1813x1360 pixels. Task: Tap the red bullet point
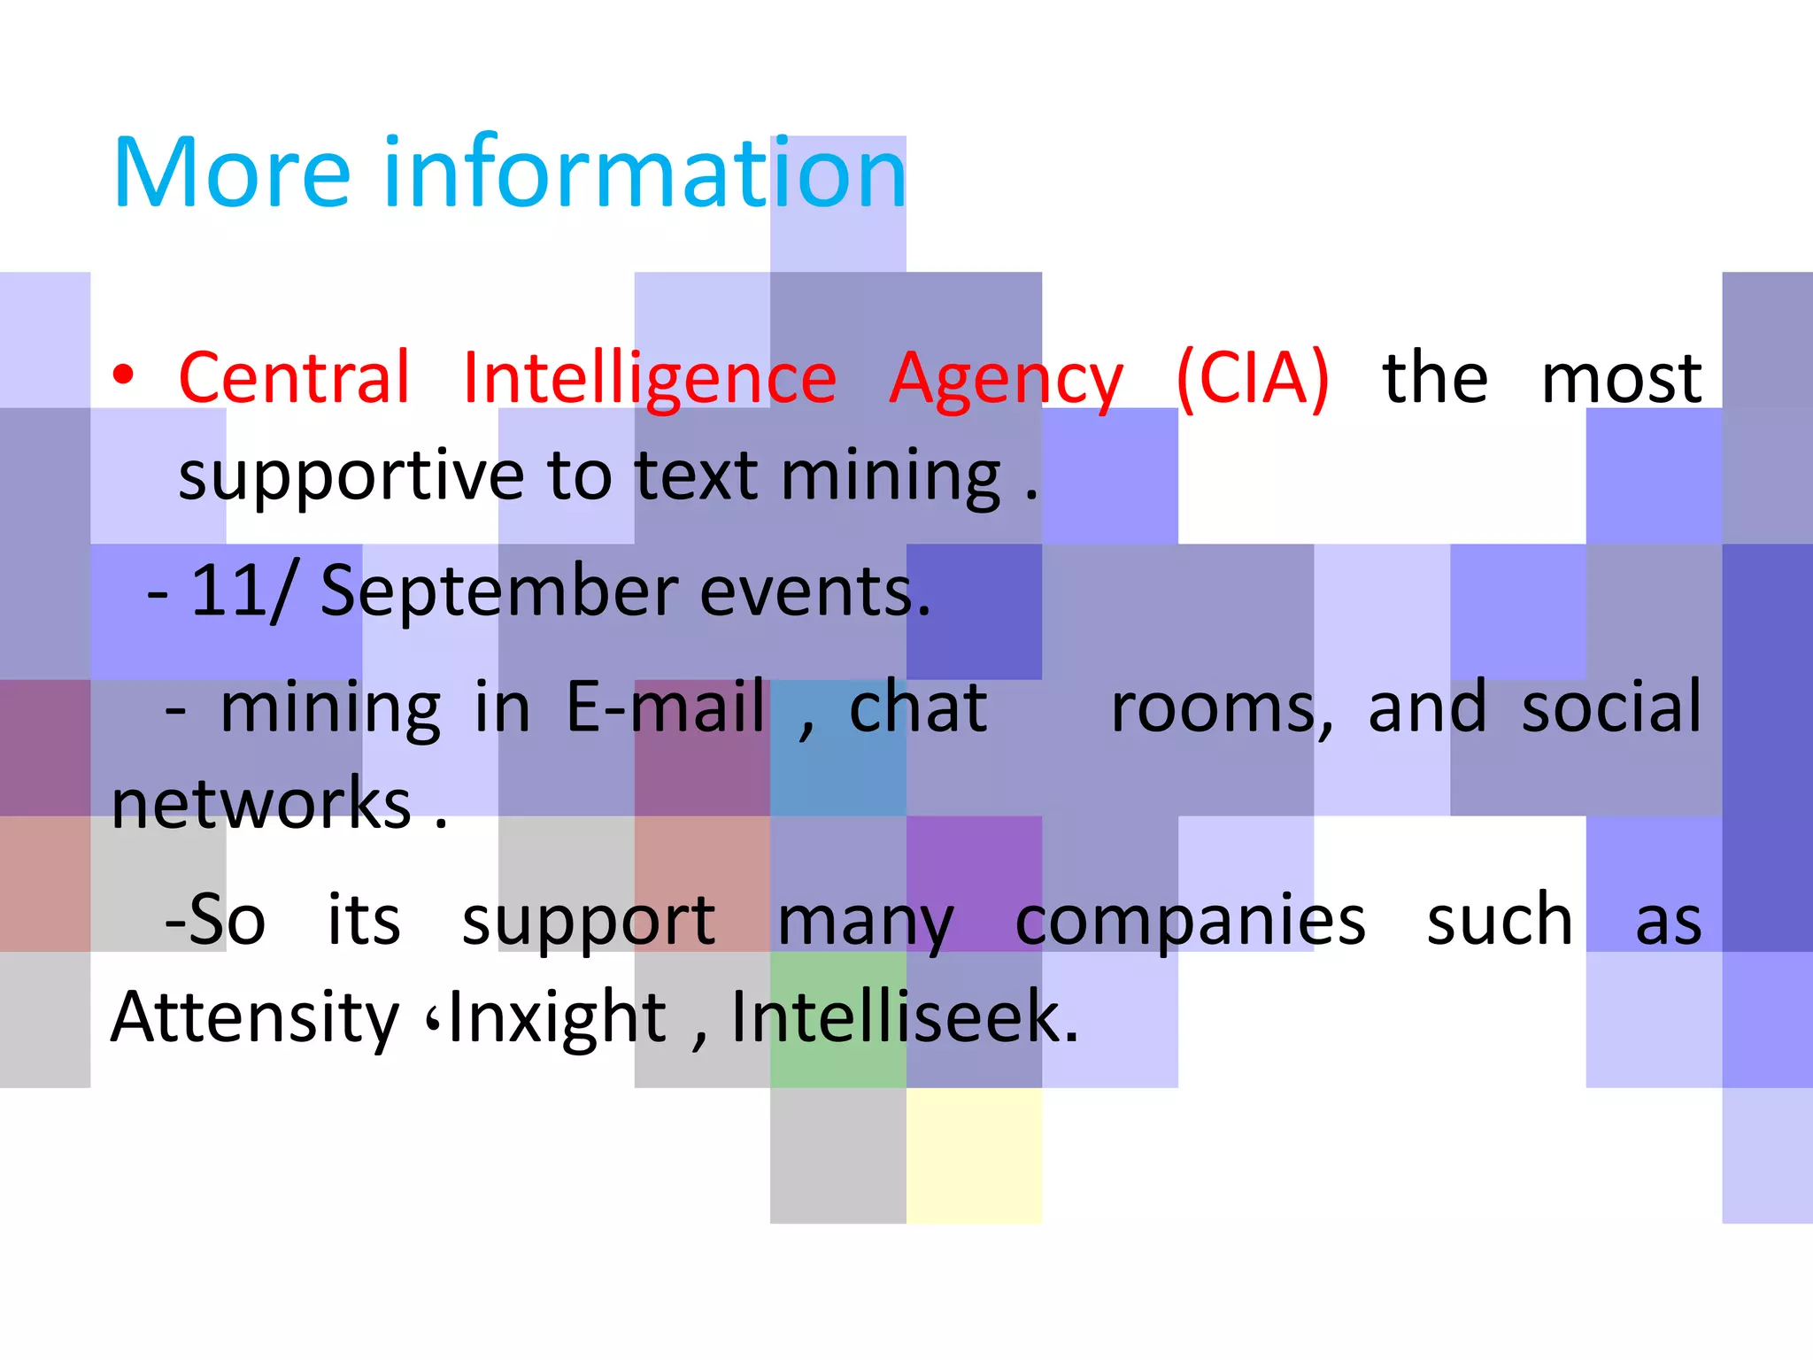coord(123,375)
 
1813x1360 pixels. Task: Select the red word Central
coord(295,378)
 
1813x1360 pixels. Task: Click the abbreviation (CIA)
coord(1252,379)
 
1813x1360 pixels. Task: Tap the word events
coord(814,591)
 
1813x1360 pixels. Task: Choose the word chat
coord(917,707)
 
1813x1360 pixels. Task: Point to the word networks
coord(262,804)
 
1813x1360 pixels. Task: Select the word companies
coord(1190,922)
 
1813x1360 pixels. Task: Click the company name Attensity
coord(255,1018)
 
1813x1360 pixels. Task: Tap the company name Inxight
coord(558,1018)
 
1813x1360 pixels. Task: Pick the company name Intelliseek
coord(903,1018)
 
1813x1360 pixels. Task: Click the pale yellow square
coord(974,1155)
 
